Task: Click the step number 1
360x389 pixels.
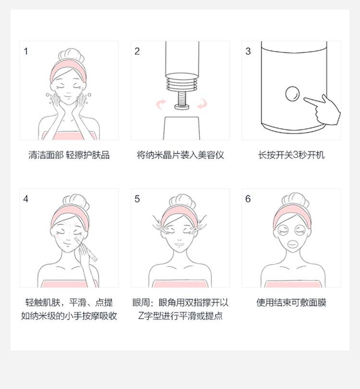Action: [26, 51]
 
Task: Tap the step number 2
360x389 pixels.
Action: [137, 51]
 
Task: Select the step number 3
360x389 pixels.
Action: [248, 51]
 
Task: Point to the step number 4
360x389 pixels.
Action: [26, 199]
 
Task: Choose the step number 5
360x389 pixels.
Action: [137, 199]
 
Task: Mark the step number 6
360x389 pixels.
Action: [248, 199]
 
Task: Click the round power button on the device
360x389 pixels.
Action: [292, 93]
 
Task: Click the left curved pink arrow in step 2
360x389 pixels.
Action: [161, 103]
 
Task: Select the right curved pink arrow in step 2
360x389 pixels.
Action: [202, 103]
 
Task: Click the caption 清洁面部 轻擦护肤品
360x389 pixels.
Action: [69, 155]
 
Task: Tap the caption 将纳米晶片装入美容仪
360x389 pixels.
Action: [180, 155]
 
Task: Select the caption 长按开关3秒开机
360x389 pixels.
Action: [291, 155]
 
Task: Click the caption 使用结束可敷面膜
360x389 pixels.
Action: [291, 303]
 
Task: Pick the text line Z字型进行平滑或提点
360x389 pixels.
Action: [180, 316]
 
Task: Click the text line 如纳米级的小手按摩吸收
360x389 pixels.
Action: [69, 316]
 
